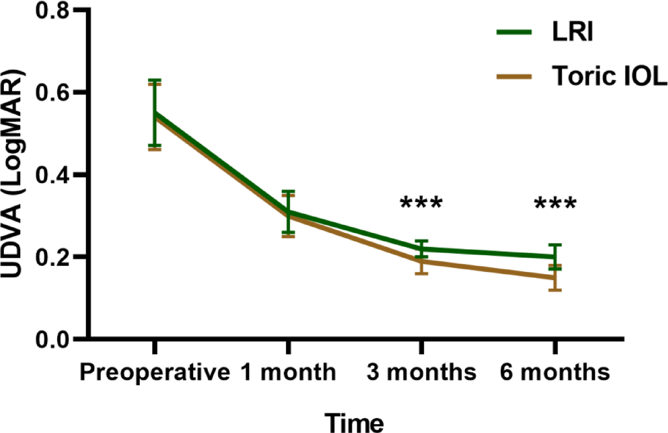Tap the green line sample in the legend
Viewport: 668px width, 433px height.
point(514,32)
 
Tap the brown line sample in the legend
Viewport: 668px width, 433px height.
point(514,79)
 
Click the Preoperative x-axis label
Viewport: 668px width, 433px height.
point(154,373)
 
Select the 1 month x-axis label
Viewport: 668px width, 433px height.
point(288,373)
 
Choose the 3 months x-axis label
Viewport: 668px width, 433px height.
point(421,373)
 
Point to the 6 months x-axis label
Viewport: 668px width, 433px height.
point(555,373)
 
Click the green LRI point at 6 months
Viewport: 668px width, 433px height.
point(555,257)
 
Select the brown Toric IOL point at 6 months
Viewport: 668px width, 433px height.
point(555,277)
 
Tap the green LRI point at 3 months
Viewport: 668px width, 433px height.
point(421,249)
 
